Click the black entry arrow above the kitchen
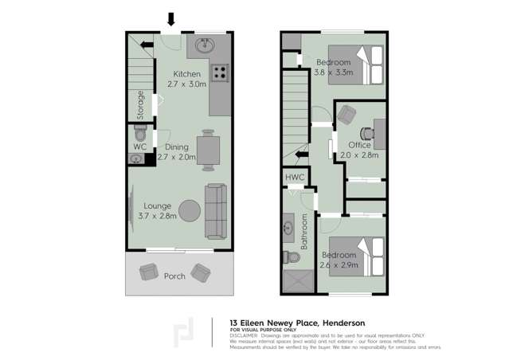pos(170,19)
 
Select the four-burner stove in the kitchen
pos(220,72)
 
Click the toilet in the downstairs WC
pos(139,133)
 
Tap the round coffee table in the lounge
pos(190,210)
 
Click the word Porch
pos(174,276)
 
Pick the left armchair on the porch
pos(149,272)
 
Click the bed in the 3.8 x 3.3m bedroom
pos(367,65)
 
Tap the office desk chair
pos(346,116)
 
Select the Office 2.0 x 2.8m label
pos(359,150)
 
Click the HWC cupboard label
pos(295,176)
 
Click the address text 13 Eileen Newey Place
pos(274,323)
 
